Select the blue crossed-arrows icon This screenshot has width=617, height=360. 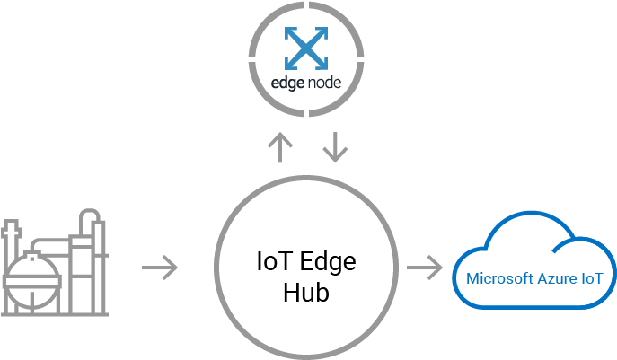pyautogui.click(x=305, y=48)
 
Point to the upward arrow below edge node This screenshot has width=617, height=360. pyautogui.click(x=281, y=148)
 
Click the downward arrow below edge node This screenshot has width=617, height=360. pyautogui.click(x=335, y=148)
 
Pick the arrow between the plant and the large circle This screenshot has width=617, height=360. pyautogui.click(x=161, y=267)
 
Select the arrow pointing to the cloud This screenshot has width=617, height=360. pyautogui.click(x=425, y=267)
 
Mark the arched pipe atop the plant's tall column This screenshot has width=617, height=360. pyautogui.click(x=91, y=220)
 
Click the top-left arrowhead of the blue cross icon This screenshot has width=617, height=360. pyautogui.click(x=289, y=33)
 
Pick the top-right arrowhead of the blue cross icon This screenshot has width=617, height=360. pyautogui.click(x=321, y=33)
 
